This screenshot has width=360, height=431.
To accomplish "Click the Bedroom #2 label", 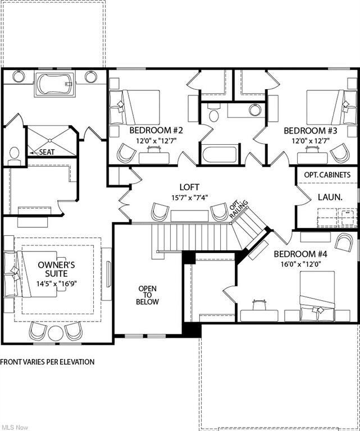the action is pos(156,130).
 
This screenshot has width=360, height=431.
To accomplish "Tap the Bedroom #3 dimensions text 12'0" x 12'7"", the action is pos(311,141).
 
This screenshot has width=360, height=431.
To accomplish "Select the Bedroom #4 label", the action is pos(300,254).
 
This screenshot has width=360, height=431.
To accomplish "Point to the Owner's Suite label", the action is pos(56,269).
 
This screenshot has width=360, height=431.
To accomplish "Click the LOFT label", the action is pos(189,187).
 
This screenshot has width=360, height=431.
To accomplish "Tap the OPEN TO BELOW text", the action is pos(147,295).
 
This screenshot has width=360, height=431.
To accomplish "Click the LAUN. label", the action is pos(330,197).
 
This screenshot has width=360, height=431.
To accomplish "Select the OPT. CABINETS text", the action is pos(327,175).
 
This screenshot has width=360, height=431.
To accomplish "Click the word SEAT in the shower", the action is pos(47,152).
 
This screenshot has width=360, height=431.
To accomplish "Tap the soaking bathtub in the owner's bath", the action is pos(54,84).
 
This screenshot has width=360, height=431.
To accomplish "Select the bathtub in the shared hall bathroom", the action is pos(220,155).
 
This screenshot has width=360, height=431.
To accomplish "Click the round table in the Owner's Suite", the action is pos(56,333).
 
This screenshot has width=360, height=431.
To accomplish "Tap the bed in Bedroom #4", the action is pos(317,296).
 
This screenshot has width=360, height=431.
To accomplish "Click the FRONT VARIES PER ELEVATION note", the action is pos(47,362).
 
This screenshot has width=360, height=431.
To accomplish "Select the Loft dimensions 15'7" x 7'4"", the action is pos(189,197).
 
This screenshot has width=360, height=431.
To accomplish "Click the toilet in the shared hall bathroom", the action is pos(213,113).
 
